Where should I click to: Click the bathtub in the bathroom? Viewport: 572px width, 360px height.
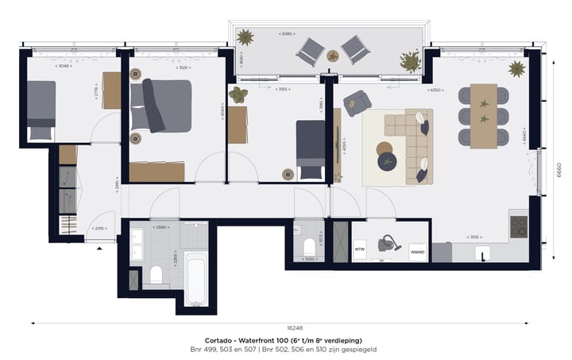click(196, 278)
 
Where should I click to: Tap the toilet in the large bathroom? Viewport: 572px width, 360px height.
click(157, 275)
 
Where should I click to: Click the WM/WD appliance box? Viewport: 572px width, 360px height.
click(417, 253)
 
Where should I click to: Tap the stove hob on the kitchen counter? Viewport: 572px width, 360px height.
click(518, 226)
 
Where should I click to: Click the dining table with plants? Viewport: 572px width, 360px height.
click(483, 116)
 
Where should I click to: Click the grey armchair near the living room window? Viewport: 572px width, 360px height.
click(357, 102)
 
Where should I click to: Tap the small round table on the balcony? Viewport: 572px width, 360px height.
click(333, 56)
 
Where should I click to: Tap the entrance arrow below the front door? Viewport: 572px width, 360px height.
click(99, 249)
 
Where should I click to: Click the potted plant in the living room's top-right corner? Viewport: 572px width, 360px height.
click(516, 68)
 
